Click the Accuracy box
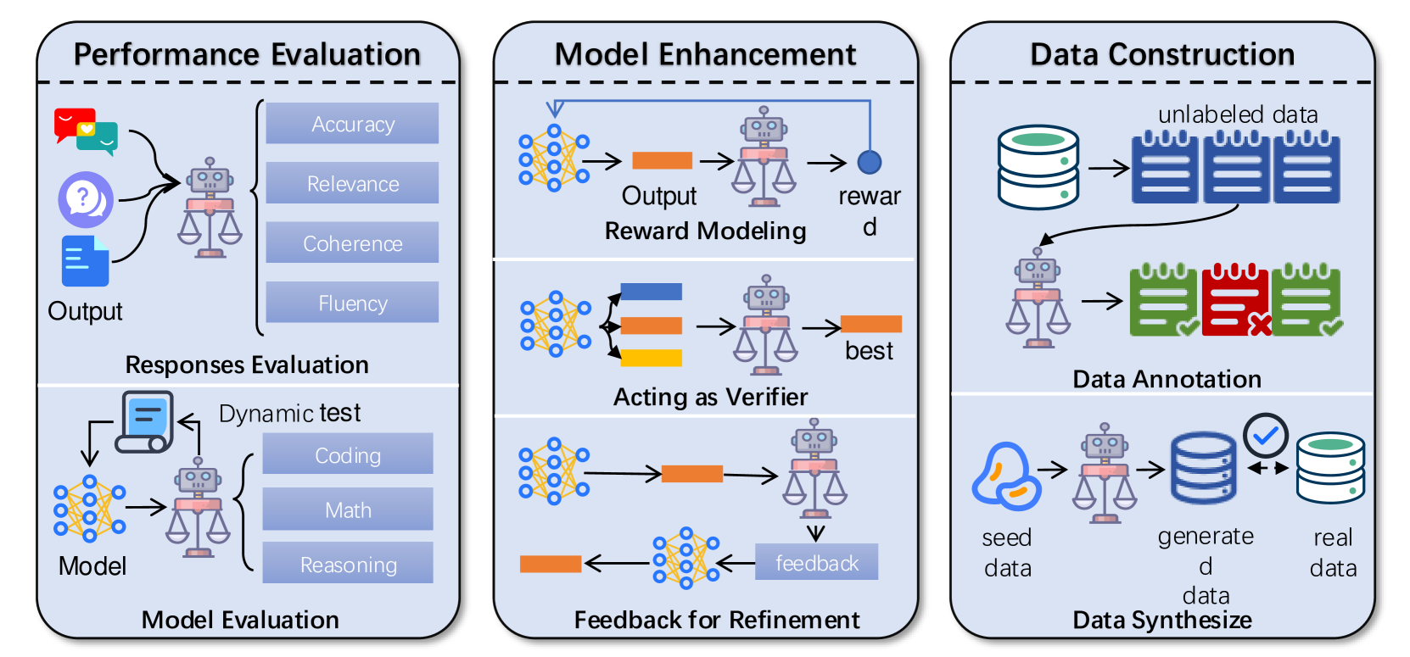tap(352, 124)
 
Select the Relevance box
tap(352, 183)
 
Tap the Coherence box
tap(352, 243)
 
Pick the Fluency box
tap(352, 303)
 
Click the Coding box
tap(348, 454)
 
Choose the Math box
tap(348, 509)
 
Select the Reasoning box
tap(348, 564)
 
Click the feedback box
tap(816, 563)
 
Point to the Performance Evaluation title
tap(247, 54)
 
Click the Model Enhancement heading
tap(705, 54)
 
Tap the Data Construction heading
tap(1162, 54)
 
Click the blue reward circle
tap(870, 161)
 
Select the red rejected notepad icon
tap(1235, 300)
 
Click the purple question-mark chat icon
tap(85, 200)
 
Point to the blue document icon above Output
tap(85, 261)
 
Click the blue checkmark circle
tap(1266, 435)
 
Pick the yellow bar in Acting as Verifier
tap(651, 358)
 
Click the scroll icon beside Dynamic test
tap(145, 421)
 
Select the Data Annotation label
tap(1167, 379)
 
